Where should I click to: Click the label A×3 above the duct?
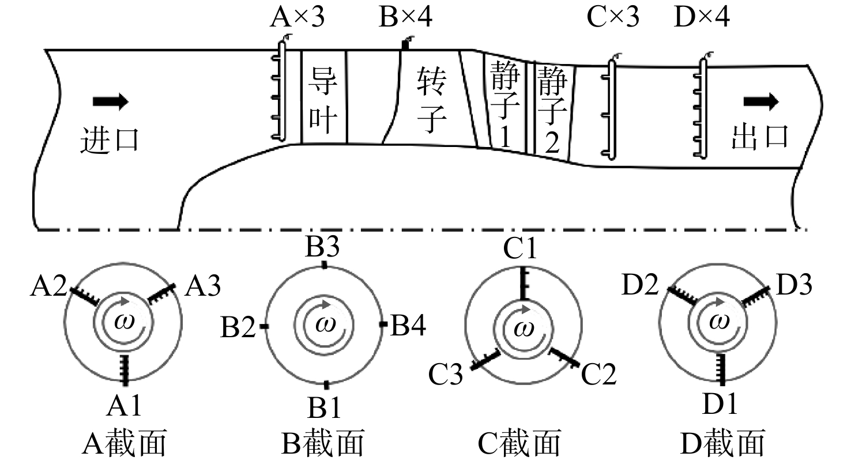tap(297, 17)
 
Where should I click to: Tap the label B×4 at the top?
tap(405, 17)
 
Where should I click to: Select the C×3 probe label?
tap(613, 17)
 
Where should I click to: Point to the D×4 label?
tap(702, 17)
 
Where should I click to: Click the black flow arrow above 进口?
tap(111, 101)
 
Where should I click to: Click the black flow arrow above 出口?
tap(761, 101)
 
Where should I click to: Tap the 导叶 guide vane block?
tap(324, 97)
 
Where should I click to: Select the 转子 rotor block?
tap(431, 97)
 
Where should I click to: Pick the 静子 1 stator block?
tap(504, 103)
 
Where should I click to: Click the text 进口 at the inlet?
tap(110, 139)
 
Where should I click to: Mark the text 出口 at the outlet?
tap(760, 137)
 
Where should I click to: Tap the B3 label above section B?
tap(322, 247)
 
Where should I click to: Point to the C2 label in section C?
tap(598, 374)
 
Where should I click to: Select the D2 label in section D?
tap(640, 284)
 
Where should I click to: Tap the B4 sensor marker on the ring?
tap(383, 324)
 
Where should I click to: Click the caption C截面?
tap(519, 443)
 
